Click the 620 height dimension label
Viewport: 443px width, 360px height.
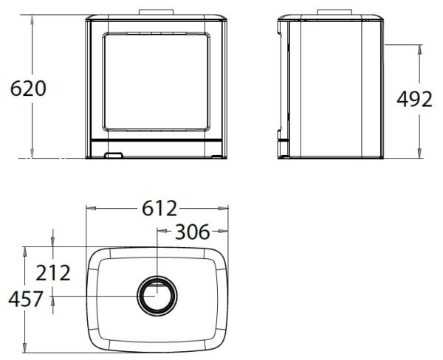coord(28,89)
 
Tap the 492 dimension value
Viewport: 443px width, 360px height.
coord(414,99)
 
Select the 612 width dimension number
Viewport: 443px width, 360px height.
coord(159,208)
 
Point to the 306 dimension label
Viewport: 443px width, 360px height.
coord(193,232)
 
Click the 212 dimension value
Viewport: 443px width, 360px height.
coord(53,273)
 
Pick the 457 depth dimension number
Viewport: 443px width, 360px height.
coord(26,299)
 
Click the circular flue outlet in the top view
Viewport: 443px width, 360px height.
coord(157,296)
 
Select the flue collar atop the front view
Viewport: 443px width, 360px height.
coord(157,12)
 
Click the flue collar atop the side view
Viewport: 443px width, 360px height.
coord(334,12)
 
